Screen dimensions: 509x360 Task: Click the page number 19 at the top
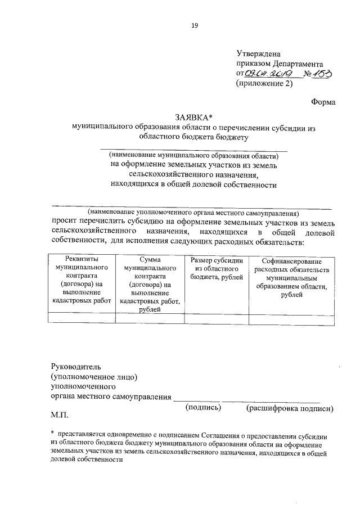(194, 25)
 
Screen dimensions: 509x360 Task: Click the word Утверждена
(258, 53)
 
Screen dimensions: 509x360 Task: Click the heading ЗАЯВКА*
(193, 118)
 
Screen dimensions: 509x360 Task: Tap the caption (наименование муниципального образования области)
(193, 155)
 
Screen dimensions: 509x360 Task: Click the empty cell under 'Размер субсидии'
(217, 319)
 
